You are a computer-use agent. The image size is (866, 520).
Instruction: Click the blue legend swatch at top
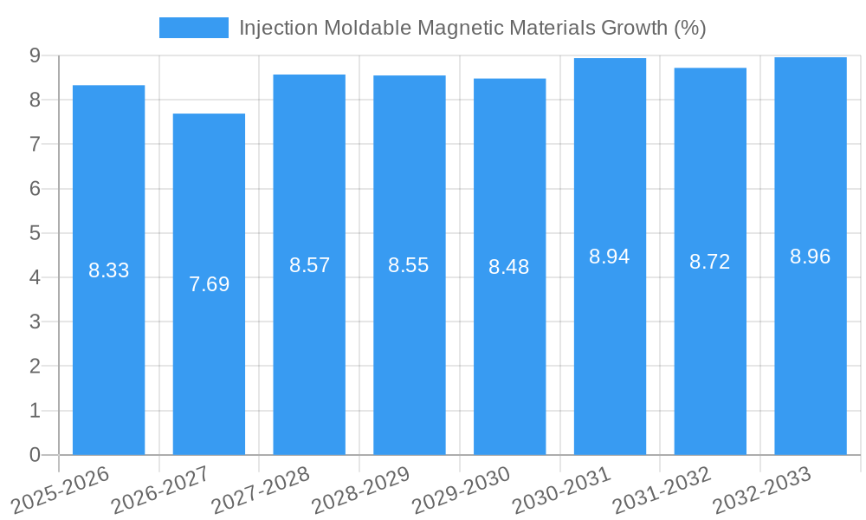click(193, 28)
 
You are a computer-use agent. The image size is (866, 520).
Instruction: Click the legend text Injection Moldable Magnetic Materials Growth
click(472, 28)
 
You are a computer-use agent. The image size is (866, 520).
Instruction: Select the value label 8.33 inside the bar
click(109, 270)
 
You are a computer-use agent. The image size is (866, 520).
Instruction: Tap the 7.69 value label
click(210, 284)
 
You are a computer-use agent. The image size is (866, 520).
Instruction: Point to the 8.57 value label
click(310, 265)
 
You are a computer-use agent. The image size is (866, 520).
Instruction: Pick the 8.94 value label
click(610, 257)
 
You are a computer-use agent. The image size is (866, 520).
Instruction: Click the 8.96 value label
click(811, 257)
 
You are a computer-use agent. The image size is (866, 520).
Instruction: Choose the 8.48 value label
click(509, 267)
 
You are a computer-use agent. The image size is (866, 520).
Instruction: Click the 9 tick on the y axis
click(35, 55)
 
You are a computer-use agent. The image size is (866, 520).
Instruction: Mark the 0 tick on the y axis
click(35, 455)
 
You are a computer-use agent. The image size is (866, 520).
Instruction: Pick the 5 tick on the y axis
click(35, 233)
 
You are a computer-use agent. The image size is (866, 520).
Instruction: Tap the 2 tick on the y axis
click(35, 367)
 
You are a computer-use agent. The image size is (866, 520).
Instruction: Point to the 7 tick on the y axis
click(35, 144)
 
